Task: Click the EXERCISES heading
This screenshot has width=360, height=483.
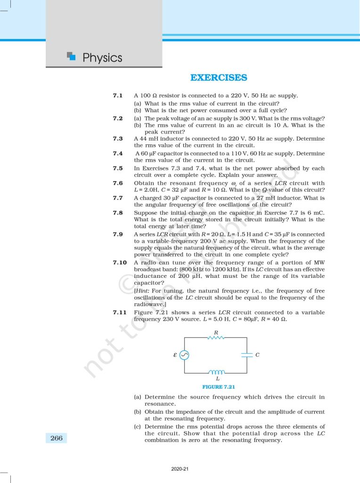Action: coord(218,78)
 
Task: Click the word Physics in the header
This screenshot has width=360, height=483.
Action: coord(102,58)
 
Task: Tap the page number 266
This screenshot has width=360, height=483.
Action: coord(56,438)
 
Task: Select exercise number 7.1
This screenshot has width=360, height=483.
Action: coord(118,96)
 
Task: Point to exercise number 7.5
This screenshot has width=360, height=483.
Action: coord(118,168)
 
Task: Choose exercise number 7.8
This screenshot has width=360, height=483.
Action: coord(118,213)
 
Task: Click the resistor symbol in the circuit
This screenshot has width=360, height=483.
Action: coord(216,338)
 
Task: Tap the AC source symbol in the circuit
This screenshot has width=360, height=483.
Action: coord(184,355)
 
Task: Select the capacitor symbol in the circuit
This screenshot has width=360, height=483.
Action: coord(247,355)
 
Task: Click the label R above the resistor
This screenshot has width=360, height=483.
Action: coord(216,332)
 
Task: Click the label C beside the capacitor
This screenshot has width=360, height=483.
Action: coord(257,355)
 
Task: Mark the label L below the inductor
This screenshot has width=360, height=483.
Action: coord(217,379)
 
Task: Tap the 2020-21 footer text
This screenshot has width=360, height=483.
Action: coord(180,469)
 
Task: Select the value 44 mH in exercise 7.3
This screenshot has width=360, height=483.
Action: coord(147,139)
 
